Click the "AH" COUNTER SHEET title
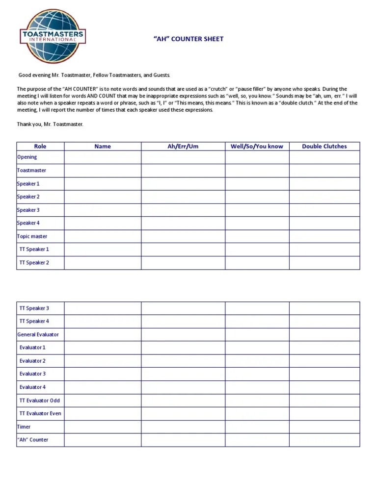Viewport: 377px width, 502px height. pyautogui.click(x=188, y=39)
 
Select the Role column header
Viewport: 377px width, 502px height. pyautogui.click(x=40, y=146)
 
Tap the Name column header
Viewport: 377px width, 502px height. pyautogui.click(x=103, y=146)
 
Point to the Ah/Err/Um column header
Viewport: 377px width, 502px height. pyautogui.click(x=183, y=146)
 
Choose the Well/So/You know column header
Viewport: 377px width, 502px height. pyautogui.click(x=257, y=146)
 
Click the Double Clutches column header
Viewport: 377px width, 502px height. pyautogui.click(x=324, y=146)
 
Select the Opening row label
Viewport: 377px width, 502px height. pyautogui.click(x=27, y=157)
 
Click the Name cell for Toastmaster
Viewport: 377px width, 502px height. pyautogui.click(x=103, y=171)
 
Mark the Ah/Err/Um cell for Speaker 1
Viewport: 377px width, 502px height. pyautogui.click(x=183, y=184)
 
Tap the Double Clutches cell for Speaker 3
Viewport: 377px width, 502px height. pyautogui.click(x=324, y=210)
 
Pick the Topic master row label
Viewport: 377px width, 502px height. pyautogui.click(x=32, y=236)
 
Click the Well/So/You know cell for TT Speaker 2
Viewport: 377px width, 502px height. pyautogui.click(x=257, y=263)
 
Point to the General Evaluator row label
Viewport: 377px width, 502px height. pyautogui.click(x=38, y=335)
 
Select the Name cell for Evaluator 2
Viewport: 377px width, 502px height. pyautogui.click(x=103, y=361)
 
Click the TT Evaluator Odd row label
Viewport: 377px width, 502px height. pyautogui.click(x=40, y=401)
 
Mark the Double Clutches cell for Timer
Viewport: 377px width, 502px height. pyautogui.click(x=324, y=427)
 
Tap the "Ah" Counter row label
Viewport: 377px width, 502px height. pyautogui.click(x=33, y=440)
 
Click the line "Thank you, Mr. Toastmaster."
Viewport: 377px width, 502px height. pyautogui.click(x=50, y=125)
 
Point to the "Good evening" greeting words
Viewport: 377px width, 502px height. pyautogui.click(x=34, y=75)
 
